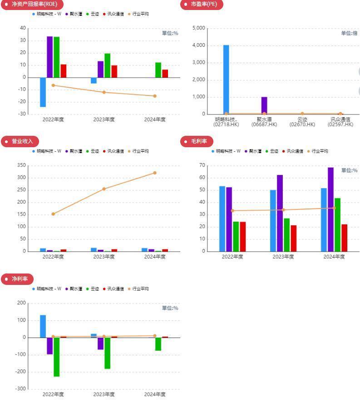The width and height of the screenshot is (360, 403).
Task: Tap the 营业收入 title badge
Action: point(20,141)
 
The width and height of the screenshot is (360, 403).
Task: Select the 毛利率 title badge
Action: point(197,141)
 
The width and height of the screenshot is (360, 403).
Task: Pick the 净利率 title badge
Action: point(17,279)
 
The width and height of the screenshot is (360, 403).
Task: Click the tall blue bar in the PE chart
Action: point(226,80)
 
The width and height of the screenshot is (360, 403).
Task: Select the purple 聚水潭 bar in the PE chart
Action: point(264,105)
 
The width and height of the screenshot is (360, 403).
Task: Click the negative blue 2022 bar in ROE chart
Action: point(43,92)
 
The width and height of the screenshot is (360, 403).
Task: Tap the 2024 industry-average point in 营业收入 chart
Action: point(155,173)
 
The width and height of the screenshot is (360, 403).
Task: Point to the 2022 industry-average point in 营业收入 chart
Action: point(53,214)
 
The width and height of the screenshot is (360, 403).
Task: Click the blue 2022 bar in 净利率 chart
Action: point(43,326)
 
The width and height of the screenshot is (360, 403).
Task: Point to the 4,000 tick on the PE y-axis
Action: point(199,45)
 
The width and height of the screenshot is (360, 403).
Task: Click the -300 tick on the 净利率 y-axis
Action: point(20,389)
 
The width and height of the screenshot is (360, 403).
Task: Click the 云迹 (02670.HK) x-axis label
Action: point(302,122)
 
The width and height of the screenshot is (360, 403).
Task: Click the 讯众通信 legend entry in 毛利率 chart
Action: point(292,151)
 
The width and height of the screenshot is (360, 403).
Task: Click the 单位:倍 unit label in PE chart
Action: point(349,33)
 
